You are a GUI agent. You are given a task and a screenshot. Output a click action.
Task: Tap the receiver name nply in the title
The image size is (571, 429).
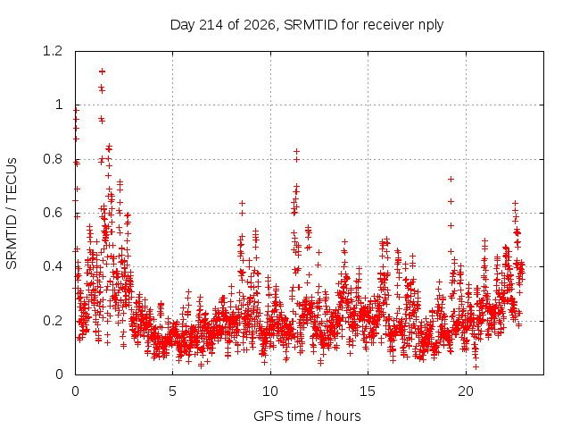(431, 26)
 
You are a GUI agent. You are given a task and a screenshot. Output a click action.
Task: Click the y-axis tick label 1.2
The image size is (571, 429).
(53, 51)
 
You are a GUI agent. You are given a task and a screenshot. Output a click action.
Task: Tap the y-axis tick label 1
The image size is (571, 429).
(59, 105)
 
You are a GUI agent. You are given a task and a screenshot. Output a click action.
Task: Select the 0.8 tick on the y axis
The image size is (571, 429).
(53, 159)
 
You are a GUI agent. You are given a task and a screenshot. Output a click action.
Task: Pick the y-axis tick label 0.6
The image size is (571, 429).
(53, 213)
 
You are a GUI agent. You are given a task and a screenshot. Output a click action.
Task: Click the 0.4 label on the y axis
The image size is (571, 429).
(53, 266)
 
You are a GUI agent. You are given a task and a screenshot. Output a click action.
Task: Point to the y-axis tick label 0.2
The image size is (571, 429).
(53, 321)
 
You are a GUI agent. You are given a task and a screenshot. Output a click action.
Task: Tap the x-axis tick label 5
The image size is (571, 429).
(172, 391)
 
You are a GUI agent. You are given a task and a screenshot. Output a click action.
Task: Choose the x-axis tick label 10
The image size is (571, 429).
(270, 391)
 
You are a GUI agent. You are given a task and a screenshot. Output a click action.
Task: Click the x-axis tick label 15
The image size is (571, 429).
(368, 391)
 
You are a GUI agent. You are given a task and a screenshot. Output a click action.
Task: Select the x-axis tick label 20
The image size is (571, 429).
(466, 391)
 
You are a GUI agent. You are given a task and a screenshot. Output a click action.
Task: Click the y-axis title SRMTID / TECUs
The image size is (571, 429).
(12, 214)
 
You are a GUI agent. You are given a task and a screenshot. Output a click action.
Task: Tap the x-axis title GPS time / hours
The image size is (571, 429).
(307, 416)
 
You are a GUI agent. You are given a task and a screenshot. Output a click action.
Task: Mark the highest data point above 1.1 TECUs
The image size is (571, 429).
(102, 71)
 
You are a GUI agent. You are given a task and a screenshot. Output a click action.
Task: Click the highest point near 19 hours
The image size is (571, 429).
(451, 179)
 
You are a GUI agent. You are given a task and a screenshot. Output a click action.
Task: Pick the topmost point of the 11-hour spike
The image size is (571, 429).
(297, 151)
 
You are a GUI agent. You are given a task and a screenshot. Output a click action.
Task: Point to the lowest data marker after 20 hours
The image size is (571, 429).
(476, 366)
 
